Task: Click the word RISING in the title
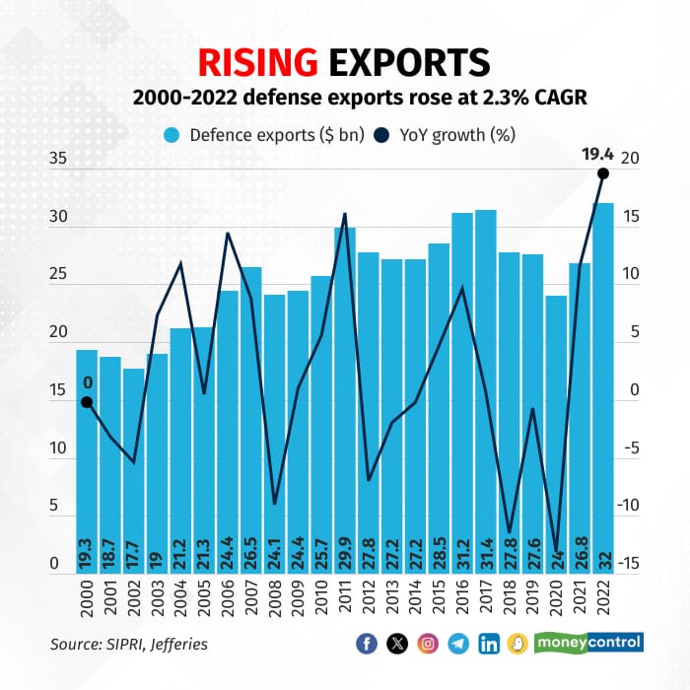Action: pyautogui.click(x=259, y=61)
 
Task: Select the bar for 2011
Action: pyautogui.click(x=344, y=394)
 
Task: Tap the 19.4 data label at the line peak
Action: pyautogui.click(x=598, y=154)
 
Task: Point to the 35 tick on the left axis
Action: pyautogui.click(x=60, y=158)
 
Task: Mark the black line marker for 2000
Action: pyautogui.click(x=87, y=402)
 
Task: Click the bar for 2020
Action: pyautogui.click(x=556, y=434)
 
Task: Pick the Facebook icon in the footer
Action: pyautogui.click(x=366, y=644)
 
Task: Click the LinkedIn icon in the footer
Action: pyautogui.click(x=488, y=644)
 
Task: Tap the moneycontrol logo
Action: pyautogui.click(x=588, y=643)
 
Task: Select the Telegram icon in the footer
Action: pyautogui.click(x=457, y=644)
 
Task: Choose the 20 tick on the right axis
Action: pyautogui.click(x=628, y=158)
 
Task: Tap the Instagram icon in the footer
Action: pyautogui.click(x=427, y=644)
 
